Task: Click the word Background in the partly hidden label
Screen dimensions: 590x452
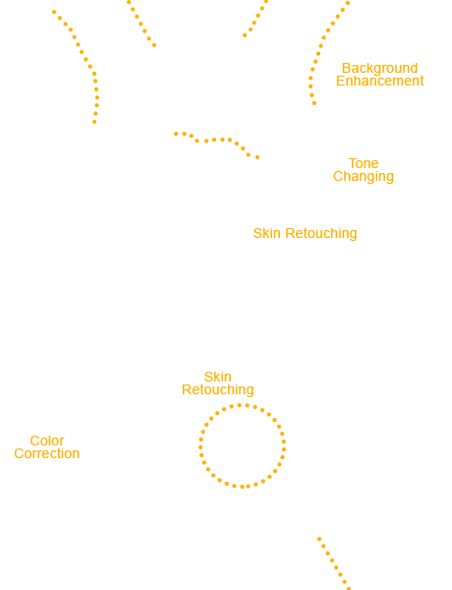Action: tap(385, 69)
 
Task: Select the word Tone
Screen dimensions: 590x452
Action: tap(364, 164)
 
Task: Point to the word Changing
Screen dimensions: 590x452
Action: tap(363, 177)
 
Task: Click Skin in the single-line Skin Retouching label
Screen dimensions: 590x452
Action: tap(267, 233)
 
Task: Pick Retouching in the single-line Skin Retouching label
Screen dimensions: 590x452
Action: tap(320, 233)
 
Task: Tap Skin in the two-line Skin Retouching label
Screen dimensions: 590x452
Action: tap(217, 378)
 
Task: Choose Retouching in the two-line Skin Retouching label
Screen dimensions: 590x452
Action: tap(217, 390)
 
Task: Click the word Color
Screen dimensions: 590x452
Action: tap(47, 442)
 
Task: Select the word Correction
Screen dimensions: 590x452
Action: tap(46, 453)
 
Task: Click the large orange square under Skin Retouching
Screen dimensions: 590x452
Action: tap(242, 445)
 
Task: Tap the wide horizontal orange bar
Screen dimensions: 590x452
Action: tap(216, 145)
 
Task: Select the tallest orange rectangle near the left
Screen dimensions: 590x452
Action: tap(76, 67)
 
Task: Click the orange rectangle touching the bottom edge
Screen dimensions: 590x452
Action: tap(334, 562)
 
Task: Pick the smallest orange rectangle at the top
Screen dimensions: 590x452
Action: tap(255, 19)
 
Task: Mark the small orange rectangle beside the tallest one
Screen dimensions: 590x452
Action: tap(141, 24)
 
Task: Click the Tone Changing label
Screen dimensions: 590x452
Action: tap(364, 170)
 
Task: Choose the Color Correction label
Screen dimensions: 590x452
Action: tap(46, 447)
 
